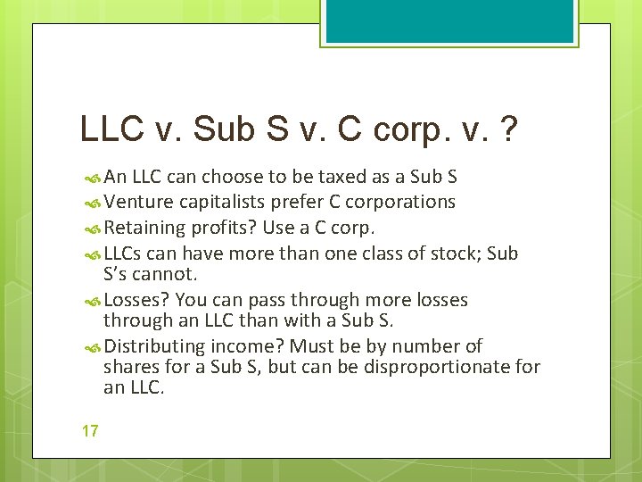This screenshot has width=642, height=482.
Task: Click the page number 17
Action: (x=89, y=431)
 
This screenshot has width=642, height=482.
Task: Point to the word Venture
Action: (x=135, y=203)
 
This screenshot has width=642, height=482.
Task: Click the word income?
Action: (x=251, y=346)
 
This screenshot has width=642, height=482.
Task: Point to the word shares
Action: (x=130, y=367)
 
